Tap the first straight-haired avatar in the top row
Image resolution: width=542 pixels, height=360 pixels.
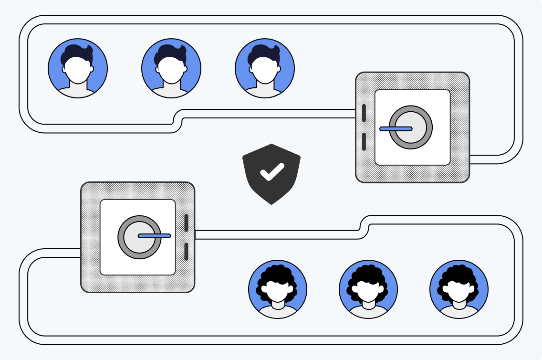pos(78,68)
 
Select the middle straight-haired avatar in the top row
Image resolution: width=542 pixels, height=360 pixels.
pos(171,68)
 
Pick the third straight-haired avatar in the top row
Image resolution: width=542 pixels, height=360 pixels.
pos(265,68)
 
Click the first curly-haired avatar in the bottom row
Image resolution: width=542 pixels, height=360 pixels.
pos(278,289)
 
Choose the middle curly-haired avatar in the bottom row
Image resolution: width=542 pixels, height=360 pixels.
pos(368,289)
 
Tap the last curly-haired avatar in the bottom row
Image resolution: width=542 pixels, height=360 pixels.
pos(459,289)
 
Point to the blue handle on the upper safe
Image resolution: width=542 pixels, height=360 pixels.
pos(396,128)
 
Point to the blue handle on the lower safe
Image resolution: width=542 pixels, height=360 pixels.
pos(154,235)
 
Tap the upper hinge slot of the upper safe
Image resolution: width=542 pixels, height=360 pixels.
pos(364,113)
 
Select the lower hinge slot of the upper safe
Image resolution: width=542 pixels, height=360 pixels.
pos(364,142)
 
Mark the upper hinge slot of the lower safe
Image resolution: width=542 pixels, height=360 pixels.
pos(186,223)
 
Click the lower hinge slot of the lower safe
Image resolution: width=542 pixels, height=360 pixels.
pos(186,252)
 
